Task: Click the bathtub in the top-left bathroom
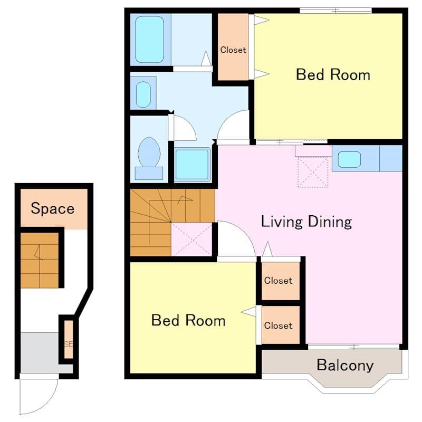150,40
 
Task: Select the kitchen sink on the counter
349,159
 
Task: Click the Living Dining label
306,221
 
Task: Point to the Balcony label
345,365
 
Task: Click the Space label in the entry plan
52,208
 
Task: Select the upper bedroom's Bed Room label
333,74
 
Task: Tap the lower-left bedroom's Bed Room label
188,320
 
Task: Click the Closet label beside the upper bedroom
233,50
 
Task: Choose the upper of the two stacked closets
279,281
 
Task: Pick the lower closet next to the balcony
279,325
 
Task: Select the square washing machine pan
192,165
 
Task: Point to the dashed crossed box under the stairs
192,239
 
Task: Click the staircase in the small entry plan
40,260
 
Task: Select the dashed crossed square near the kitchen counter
313,172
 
